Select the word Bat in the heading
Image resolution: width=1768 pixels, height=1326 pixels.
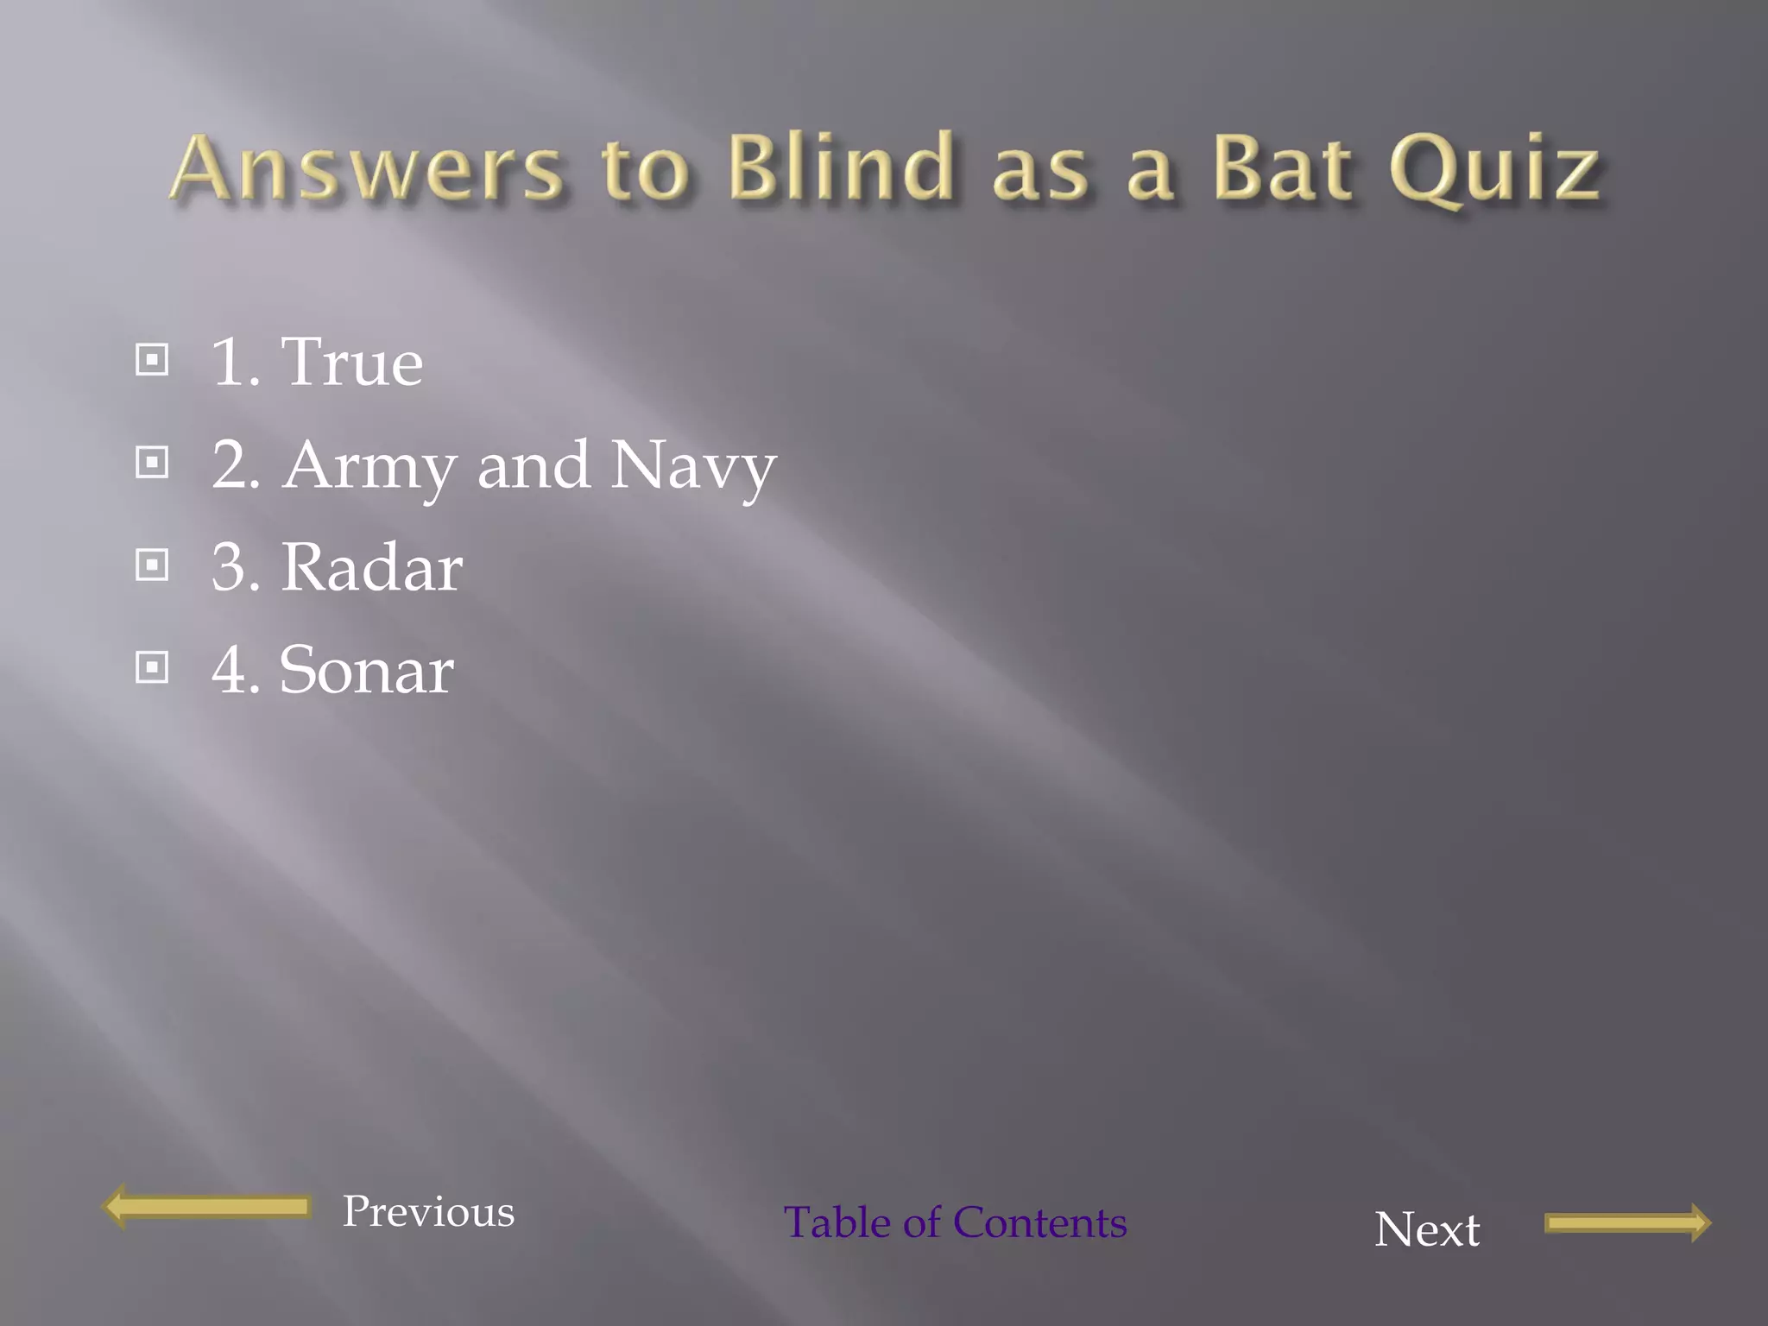coord(1282,167)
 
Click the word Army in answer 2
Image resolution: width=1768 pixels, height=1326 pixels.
coord(369,466)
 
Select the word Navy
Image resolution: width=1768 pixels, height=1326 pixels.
coord(693,466)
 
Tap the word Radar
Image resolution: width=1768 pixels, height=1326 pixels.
coord(371,568)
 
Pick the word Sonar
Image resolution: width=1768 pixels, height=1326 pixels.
coord(366,671)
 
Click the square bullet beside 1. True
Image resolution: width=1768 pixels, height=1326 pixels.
coord(153,360)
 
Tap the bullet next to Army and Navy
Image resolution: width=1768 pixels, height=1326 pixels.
coord(153,463)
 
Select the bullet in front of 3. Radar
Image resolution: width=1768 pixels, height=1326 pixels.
coord(153,565)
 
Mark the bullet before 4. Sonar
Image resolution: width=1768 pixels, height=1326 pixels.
coord(153,667)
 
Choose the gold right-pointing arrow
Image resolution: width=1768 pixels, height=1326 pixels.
coord(1627,1222)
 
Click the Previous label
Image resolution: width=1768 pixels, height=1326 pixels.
coord(428,1211)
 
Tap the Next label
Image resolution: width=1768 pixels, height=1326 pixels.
coord(1427,1229)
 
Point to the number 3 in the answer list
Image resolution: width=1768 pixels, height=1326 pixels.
coord(229,568)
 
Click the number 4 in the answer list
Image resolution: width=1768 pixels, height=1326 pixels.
coord(229,671)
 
